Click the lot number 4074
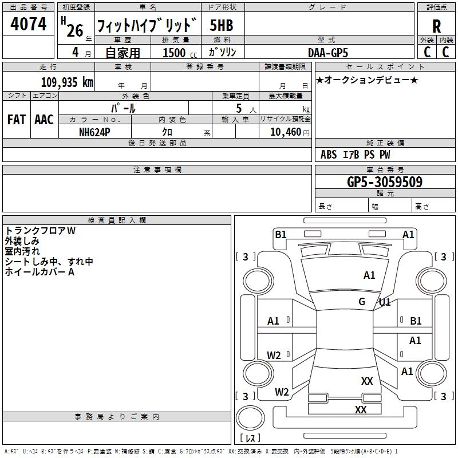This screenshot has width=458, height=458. point(29,25)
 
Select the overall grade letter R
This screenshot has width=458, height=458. point(436,26)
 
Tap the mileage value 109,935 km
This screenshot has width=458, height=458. point(67,82)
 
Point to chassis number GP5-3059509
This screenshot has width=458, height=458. point(385,182)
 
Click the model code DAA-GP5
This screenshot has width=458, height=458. point(327,52)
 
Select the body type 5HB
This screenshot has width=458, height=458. point(221,25)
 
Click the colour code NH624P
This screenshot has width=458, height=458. point(94,131)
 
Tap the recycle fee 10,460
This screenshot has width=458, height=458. point(285,132)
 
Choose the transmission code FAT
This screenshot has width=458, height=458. point(17,120)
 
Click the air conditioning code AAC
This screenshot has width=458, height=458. point(44,120)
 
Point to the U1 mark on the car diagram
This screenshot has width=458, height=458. point(385,302)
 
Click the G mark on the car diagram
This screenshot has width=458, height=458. point(362,301)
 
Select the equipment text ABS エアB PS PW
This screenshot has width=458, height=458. point(356,155)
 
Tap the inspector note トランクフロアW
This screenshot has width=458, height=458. point(40,231)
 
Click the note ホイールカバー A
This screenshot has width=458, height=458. point(40,272)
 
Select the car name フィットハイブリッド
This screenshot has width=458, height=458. point(147,26)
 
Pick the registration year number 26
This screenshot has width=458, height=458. point(74,30)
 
